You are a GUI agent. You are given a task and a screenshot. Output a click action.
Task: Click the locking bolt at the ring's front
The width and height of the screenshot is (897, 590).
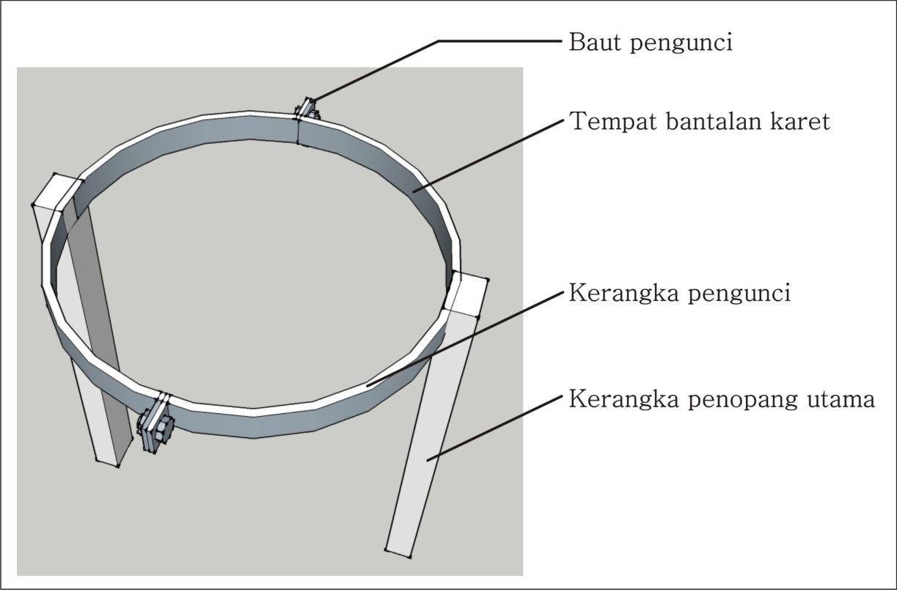click(155, 423)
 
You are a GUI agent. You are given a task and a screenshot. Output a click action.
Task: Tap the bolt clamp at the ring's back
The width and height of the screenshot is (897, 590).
click(307, 109)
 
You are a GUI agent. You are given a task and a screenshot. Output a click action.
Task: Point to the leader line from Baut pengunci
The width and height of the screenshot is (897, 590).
click(436, 70)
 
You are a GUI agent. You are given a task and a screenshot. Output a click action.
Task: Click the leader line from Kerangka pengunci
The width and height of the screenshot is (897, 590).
click(465, 339)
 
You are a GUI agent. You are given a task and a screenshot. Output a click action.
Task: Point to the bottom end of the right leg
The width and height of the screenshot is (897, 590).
click(398, 553)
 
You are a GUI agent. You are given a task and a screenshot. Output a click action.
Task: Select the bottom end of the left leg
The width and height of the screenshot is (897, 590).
click(107, 463)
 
